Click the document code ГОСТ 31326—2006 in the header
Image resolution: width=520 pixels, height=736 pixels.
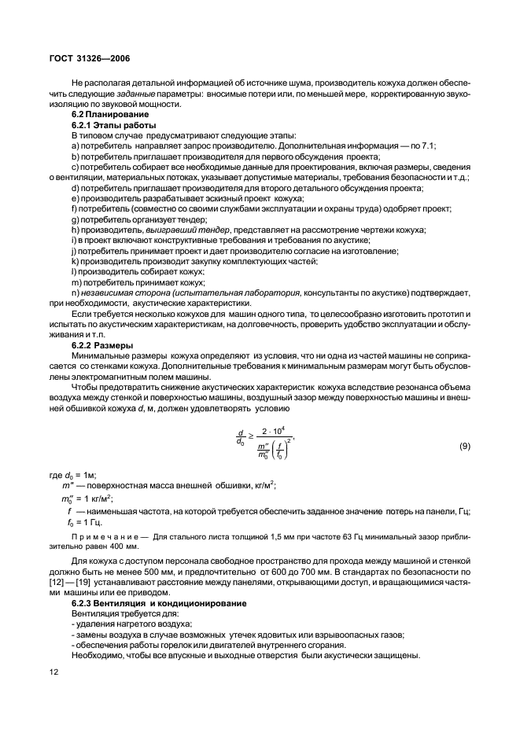pyautogui.click(x=77, y=57)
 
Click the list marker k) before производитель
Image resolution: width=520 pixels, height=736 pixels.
pyautogui.click(x=75, y=260)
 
